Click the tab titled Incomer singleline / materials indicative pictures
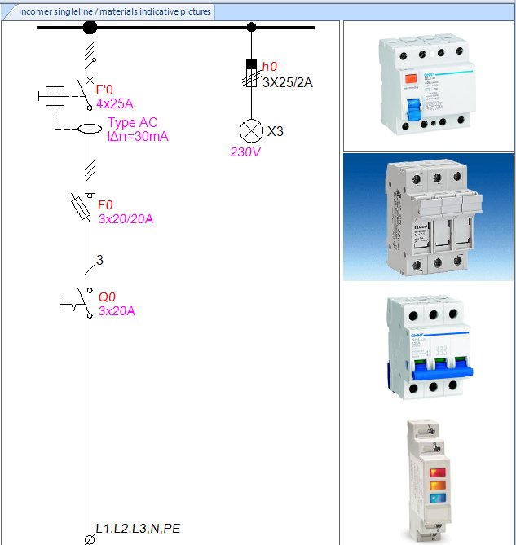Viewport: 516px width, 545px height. (x=114, y=11)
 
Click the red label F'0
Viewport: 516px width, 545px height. (x=105, y=90)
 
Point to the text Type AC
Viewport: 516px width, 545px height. (x=132, y=123)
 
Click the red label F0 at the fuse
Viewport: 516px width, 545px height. (x=106, y=205)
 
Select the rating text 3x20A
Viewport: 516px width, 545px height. (x=117, y=310)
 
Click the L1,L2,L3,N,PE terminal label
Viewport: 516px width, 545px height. (x=138, y=529)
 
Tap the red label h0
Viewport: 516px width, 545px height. (x=270, y=65)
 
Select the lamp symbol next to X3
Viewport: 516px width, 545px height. (x=250, y=130)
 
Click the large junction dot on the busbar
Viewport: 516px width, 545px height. (x=90, y=27)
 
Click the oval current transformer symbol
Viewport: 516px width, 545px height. (x=90, y=129)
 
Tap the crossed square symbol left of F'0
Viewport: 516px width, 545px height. (x=53, y=97)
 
